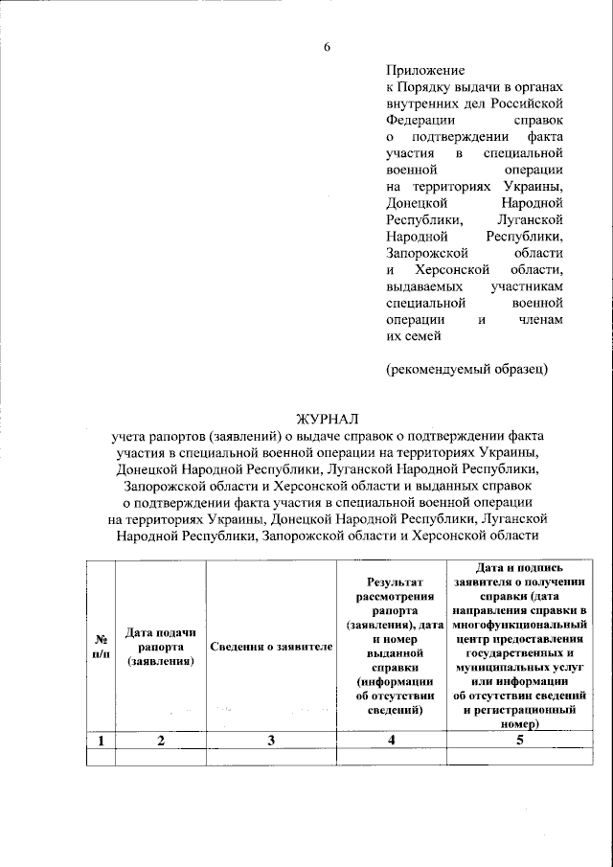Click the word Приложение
tap(425, 70)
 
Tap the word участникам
tap(527, 286)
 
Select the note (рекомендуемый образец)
tap(467, 370)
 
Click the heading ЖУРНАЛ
tap(327, 418)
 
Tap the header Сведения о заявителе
tap(271, 647)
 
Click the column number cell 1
tap(100, 740)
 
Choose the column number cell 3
tap(271, 740)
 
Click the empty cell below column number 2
tap(160, 758)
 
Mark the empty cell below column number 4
tap(391, 758)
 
